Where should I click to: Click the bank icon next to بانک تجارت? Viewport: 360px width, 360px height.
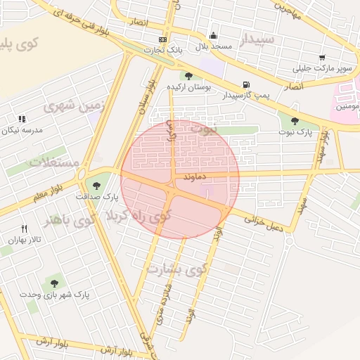click(163, 40)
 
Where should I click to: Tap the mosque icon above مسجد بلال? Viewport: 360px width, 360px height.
click(214, 35)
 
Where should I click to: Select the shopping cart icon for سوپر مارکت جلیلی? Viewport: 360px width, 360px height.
click(322, 58)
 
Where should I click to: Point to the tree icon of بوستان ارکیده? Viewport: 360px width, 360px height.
click(188, 75)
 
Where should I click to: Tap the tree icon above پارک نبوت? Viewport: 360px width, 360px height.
click(295, 121)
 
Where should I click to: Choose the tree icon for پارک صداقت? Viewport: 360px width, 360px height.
click(96, 186)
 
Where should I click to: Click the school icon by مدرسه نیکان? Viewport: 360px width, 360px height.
click(21, 119)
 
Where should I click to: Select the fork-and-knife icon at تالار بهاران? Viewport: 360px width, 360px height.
click(25, 229)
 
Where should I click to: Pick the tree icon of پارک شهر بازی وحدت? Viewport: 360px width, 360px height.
click(54, 283)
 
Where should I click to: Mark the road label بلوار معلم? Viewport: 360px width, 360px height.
click(50, 192)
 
